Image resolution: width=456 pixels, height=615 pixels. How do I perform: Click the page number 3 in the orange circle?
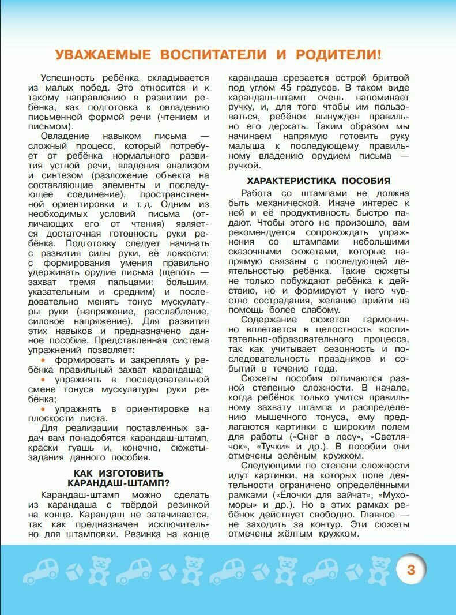(410, 571)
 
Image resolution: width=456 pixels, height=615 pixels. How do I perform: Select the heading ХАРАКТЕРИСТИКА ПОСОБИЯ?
(318, 181)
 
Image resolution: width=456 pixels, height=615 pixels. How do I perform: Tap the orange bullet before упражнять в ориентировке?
(44, 409)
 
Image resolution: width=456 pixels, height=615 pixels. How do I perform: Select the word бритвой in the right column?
(388, 77)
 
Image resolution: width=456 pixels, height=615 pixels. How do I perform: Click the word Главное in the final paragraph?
(375, 515)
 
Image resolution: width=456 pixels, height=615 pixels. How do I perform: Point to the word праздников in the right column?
(333, 359)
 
